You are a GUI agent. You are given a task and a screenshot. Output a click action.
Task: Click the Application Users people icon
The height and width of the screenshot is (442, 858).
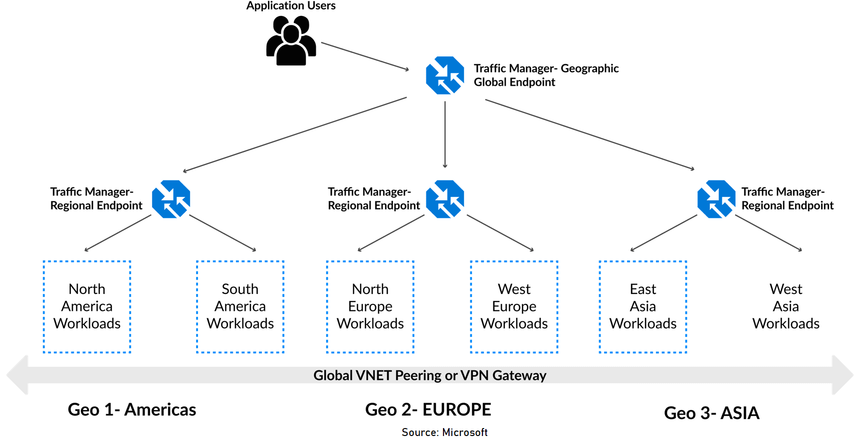(x=291, y=40)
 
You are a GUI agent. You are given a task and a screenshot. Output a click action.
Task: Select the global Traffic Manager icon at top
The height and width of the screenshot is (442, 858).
(x=445, y=75)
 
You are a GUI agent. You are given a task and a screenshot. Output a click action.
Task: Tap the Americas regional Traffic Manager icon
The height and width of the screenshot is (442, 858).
(x=171, y=199)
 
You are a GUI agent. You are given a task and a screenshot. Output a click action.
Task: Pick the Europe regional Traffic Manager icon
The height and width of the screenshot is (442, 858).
(x=445, y=199)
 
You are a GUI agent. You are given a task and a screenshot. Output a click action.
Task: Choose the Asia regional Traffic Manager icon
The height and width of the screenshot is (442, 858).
(x=716, y=199)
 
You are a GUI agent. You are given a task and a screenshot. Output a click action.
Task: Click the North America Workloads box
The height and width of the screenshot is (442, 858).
(x=87, y=306)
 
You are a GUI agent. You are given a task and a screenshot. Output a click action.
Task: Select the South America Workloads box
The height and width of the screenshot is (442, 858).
(x=240, y=306)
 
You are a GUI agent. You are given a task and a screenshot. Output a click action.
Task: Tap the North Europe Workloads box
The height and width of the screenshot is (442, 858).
(x=370, y=306)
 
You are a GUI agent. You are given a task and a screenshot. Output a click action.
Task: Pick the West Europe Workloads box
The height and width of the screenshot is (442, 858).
(x=514, y=306)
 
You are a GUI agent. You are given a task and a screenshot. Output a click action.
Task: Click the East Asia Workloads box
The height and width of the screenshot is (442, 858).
(x=643, y=306)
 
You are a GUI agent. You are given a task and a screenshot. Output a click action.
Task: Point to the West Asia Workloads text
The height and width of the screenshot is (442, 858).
(x=786, y=306)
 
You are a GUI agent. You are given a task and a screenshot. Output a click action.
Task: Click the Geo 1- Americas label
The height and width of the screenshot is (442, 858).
(x=132, y=410)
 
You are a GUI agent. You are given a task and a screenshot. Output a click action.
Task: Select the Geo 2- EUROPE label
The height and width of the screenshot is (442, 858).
(x=428, y=410)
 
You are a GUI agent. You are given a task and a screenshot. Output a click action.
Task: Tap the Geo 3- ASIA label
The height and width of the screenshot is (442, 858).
(x=711, y=413)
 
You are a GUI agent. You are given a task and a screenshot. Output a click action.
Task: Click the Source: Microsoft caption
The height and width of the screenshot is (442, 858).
(x=444, y=433)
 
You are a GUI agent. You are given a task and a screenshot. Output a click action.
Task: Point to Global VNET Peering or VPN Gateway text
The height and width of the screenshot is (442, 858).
(x=429, y=375)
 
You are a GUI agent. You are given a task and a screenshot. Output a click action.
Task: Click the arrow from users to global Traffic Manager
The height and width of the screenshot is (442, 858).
(x=365, y=56)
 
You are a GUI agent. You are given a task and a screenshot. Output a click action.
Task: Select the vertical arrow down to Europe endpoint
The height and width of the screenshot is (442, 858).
(x=445, y=135)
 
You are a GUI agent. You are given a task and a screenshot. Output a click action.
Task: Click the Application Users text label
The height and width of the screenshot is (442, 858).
(x=291, y=6)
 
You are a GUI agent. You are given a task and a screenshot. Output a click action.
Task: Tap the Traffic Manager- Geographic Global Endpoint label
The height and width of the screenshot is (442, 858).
(x=546, y=75)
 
